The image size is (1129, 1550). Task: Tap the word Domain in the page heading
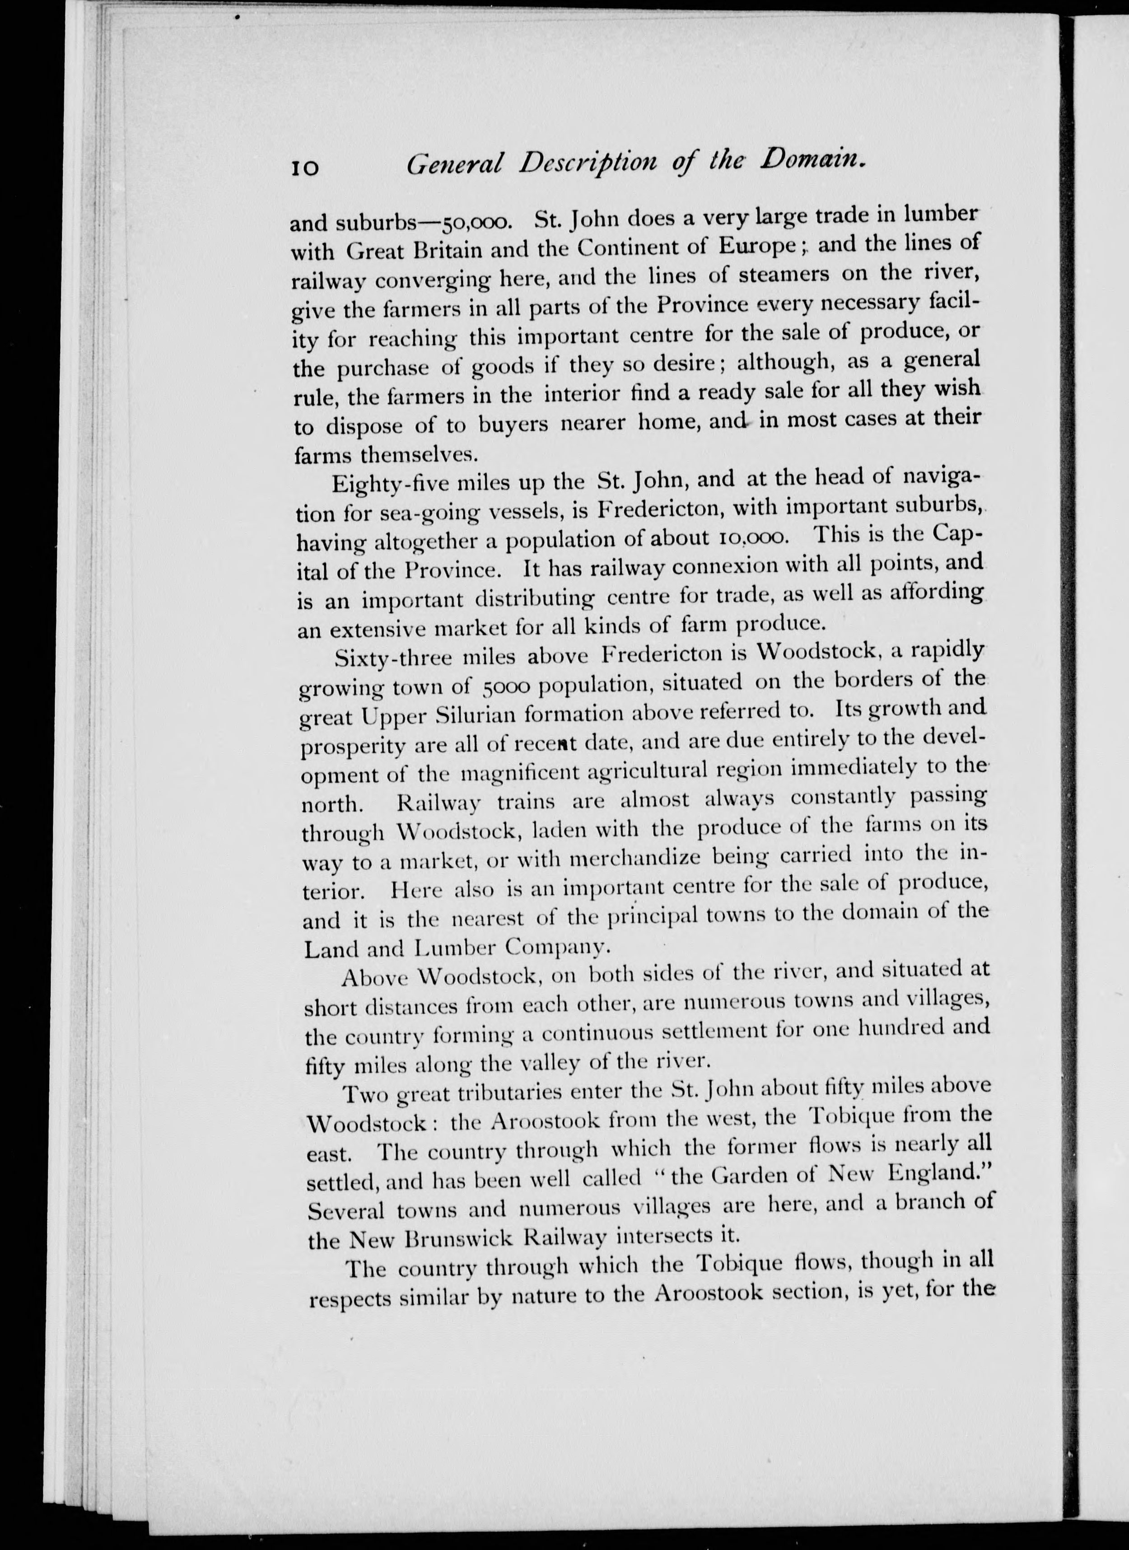pyautogui.click(x=812, y=163)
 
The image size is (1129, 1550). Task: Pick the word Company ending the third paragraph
pyautogui.click(x=555, y=947)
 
